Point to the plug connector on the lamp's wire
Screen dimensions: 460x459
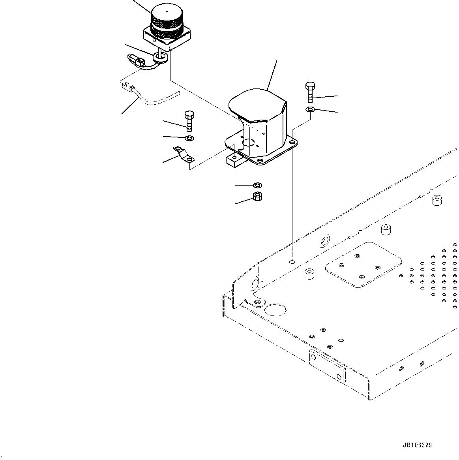(x=135, y=60)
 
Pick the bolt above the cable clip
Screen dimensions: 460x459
(x=189, y=121)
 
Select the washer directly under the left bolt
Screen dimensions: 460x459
(x=189, y=138)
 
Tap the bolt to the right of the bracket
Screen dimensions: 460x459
(x=310, y=92)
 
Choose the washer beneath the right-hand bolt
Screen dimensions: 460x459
(x=310, y=109)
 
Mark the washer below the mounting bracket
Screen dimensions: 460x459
(x=258, y=185)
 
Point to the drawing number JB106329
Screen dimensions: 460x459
(x=417, y=445)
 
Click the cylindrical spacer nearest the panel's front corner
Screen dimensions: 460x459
(x=308, y=274)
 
